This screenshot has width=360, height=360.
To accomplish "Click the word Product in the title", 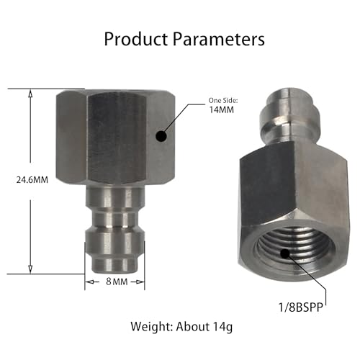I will [x=136, y=39].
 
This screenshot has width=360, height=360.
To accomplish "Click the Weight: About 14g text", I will [x=180, y=326].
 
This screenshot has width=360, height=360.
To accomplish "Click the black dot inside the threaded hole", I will [x=286, y=253].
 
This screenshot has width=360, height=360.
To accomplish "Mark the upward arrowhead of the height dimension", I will [x=30, y=94].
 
